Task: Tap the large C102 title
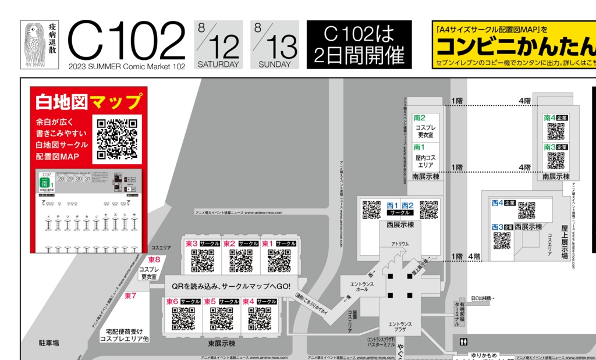click(x=127, y=41)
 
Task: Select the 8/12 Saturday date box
click(x=218, y=45)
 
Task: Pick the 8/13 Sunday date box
click(x=275, y=45)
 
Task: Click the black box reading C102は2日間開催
click(x=359, y=45)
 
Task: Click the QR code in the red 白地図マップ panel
click(x=118, y=138)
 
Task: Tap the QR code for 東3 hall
click(x=203, y=261)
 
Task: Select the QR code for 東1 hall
click(x=279, y=261)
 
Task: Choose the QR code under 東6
click(x=183, y=319)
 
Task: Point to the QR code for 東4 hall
click(x=260, y=319)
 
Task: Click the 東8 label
click(x=154, y=259)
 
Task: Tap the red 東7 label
click(x=130, y=295)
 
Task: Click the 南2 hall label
click(x=419, y=118)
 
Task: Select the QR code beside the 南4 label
click(x=555, y=131)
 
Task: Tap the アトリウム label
click(x=399, y=244)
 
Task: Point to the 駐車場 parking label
click(x=49, y=343)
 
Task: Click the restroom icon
click(x=463, y=341)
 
